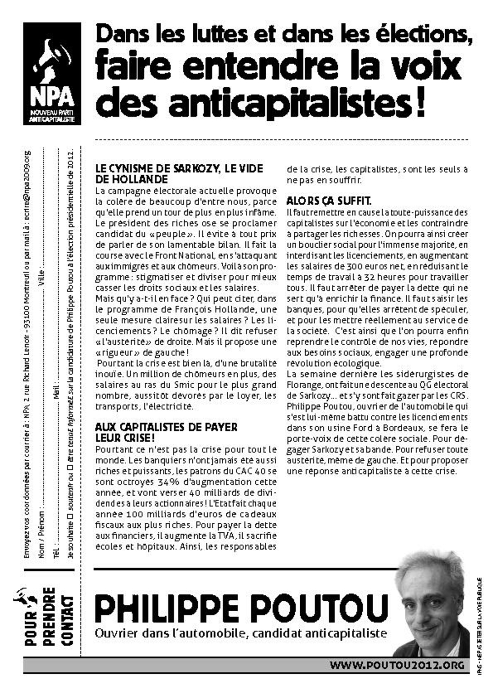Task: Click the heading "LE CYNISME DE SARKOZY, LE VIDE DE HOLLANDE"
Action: (x=178, y=174)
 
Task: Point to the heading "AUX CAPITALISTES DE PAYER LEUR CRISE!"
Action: (x=166, y=432)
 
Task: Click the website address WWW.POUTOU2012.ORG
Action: (x=397, y=665)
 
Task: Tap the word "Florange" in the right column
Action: (x=304, y=385)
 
